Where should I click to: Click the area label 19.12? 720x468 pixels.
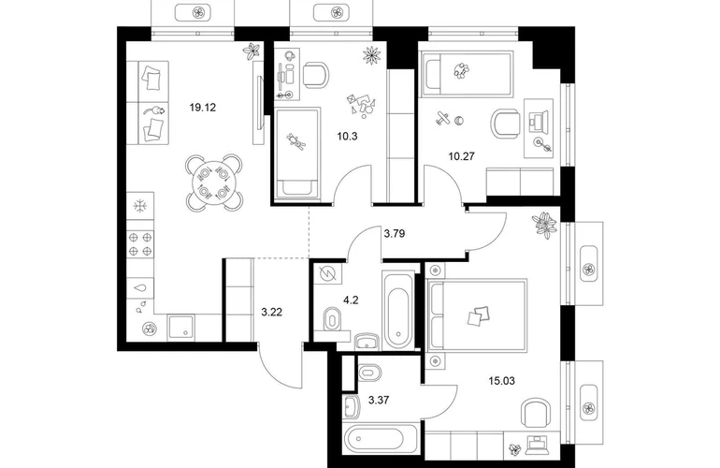[x=203, y=108]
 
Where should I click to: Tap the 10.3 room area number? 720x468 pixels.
[x=347, y=136]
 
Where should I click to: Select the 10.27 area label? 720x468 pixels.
[x=462, y=156]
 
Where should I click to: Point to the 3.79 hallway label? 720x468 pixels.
[x=395, y=234]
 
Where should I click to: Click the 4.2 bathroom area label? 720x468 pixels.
[x=351, y=300]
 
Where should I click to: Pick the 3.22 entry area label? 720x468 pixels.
[x=272, y=313]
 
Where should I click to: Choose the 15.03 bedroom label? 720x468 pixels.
[x=501, y=381]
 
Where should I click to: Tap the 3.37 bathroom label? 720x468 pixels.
[x=379, y=400]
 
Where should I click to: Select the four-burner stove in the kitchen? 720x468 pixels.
[x=140, y=244]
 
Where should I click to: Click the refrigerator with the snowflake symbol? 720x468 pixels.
[x=140, y=206]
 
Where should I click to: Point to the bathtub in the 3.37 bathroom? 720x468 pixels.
[x=381, y=439]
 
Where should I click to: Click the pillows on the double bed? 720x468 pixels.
[x=479, y=316]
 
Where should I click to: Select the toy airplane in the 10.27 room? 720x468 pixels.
[x=442, y=118]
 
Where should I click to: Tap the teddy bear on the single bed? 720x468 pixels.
[x=296, y=140]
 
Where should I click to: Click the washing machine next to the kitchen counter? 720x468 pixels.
[x=180, y=328]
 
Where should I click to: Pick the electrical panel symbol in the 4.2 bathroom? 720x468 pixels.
[x=328, y=274]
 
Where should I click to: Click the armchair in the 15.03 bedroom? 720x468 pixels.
[x=536, y=413]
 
